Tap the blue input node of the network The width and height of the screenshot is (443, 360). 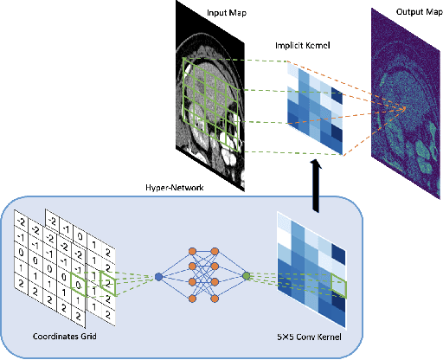point(158,277)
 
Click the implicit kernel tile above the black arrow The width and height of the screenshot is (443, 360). point(317,109)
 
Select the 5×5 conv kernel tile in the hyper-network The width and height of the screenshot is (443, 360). point(312,259)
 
